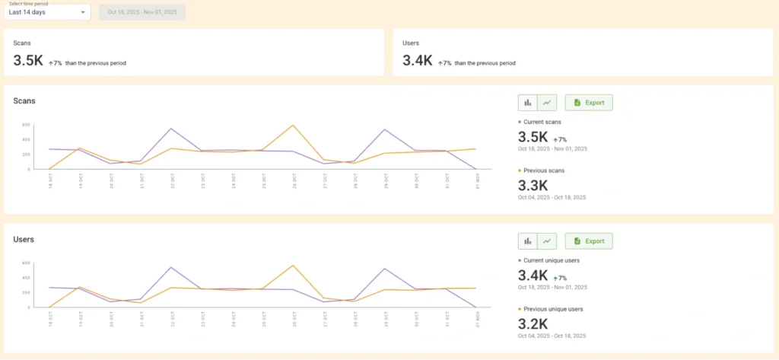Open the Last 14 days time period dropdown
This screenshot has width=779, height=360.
tap(46, 12)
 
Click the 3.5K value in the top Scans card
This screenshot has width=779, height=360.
tap(28, 61)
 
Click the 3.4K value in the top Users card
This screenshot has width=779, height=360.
tap(418, 61)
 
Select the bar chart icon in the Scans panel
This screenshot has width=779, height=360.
tap(527, 103)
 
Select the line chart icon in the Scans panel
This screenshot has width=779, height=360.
tap(547, 103)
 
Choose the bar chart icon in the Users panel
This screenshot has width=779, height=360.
tap(527, 241)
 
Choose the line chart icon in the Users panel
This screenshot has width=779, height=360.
tap(547, 241)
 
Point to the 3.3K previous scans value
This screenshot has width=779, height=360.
tap(533, 185)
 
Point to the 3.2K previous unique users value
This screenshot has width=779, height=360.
tap(533, 323)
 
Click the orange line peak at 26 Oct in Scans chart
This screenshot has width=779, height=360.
tap(294, 126)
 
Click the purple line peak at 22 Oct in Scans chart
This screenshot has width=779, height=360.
tap(171, 129)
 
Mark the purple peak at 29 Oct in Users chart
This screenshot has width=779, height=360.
tap(386, 269)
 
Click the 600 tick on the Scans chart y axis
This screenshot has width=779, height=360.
tap(25, 125)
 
